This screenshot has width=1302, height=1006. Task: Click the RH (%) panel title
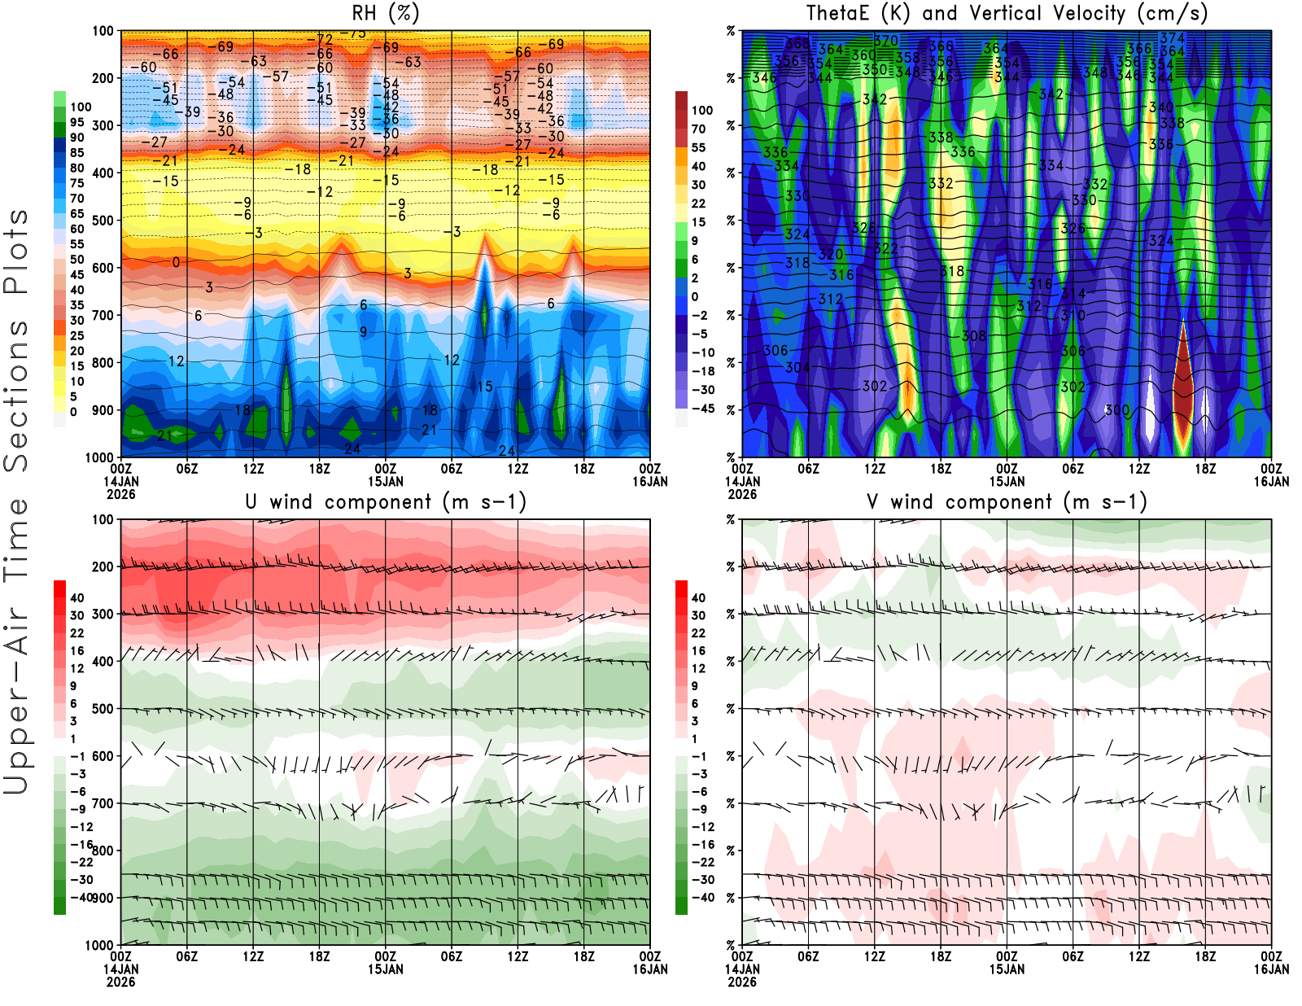click(385, 14)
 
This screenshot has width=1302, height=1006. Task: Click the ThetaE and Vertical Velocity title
click(1007, 14)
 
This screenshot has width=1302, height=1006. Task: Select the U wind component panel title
click(385, 502)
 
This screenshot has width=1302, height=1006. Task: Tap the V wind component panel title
click(1007, 502)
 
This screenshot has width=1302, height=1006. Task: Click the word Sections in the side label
click(16, 395)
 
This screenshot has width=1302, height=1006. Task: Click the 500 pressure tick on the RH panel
click(103, 220)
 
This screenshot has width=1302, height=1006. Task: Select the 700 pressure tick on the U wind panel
click(103, 803)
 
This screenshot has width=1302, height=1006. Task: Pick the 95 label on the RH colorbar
click(77, 122)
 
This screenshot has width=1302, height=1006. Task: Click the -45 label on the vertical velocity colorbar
click(702, 409)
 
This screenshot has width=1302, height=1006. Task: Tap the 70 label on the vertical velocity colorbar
click(698, 129)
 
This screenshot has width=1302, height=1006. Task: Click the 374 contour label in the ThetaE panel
click(1173, 38)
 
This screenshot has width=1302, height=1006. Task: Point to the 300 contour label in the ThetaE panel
click(1117, 410)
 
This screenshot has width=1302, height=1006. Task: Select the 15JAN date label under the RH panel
click(385, 481)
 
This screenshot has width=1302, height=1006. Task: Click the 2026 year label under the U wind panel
click(120, 982)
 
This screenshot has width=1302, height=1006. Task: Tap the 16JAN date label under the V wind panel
click(1271, 969)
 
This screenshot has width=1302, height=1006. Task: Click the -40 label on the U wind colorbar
click(81, 897)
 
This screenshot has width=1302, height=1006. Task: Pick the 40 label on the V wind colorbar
click(698, 597)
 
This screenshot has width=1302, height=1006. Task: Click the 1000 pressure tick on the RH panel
click(100, 457)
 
